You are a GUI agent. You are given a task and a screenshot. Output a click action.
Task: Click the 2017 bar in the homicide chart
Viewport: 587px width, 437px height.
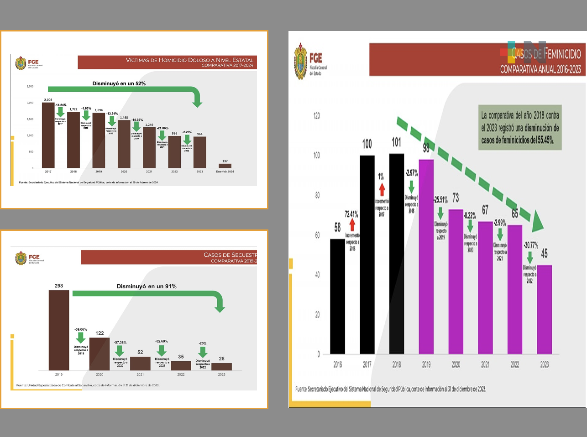click(48, 135)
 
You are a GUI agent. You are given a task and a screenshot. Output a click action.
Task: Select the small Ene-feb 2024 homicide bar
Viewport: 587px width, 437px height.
click(225, 166)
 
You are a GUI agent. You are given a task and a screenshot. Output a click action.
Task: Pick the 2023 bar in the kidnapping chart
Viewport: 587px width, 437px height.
click(221, 366)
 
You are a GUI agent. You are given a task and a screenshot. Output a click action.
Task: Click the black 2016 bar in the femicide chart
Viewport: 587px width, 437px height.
click(337, 297)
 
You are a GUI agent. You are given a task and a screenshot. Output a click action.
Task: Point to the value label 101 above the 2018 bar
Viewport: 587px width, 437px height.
click(396, 142)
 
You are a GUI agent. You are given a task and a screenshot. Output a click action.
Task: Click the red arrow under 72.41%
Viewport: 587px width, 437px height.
click(352, 224)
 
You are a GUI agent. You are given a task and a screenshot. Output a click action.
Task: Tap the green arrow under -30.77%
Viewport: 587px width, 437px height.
click(530, 258)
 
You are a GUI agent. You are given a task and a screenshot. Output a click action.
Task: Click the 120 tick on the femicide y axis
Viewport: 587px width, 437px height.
click(316, 115)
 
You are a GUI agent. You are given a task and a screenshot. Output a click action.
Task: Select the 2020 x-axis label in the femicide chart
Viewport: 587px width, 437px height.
click(456, 364)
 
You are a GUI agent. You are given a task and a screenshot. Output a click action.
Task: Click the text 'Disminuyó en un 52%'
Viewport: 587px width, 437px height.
click(119, 83)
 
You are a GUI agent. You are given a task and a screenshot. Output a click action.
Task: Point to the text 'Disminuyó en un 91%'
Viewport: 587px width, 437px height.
click(147, 286)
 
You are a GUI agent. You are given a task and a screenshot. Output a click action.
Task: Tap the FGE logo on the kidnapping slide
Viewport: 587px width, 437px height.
click(21, 258)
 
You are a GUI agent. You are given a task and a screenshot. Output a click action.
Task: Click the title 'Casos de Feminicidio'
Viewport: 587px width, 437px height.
click(546, 54)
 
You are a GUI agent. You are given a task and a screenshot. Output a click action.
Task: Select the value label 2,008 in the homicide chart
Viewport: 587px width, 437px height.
click(48, 99)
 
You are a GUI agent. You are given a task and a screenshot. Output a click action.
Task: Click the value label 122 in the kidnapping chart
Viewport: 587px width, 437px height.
click(100, 333)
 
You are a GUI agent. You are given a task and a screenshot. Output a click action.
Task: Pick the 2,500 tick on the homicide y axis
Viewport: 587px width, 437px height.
click(30, 86)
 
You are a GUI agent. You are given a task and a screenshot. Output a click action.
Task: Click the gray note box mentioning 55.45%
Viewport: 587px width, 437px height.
click(520, 128)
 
